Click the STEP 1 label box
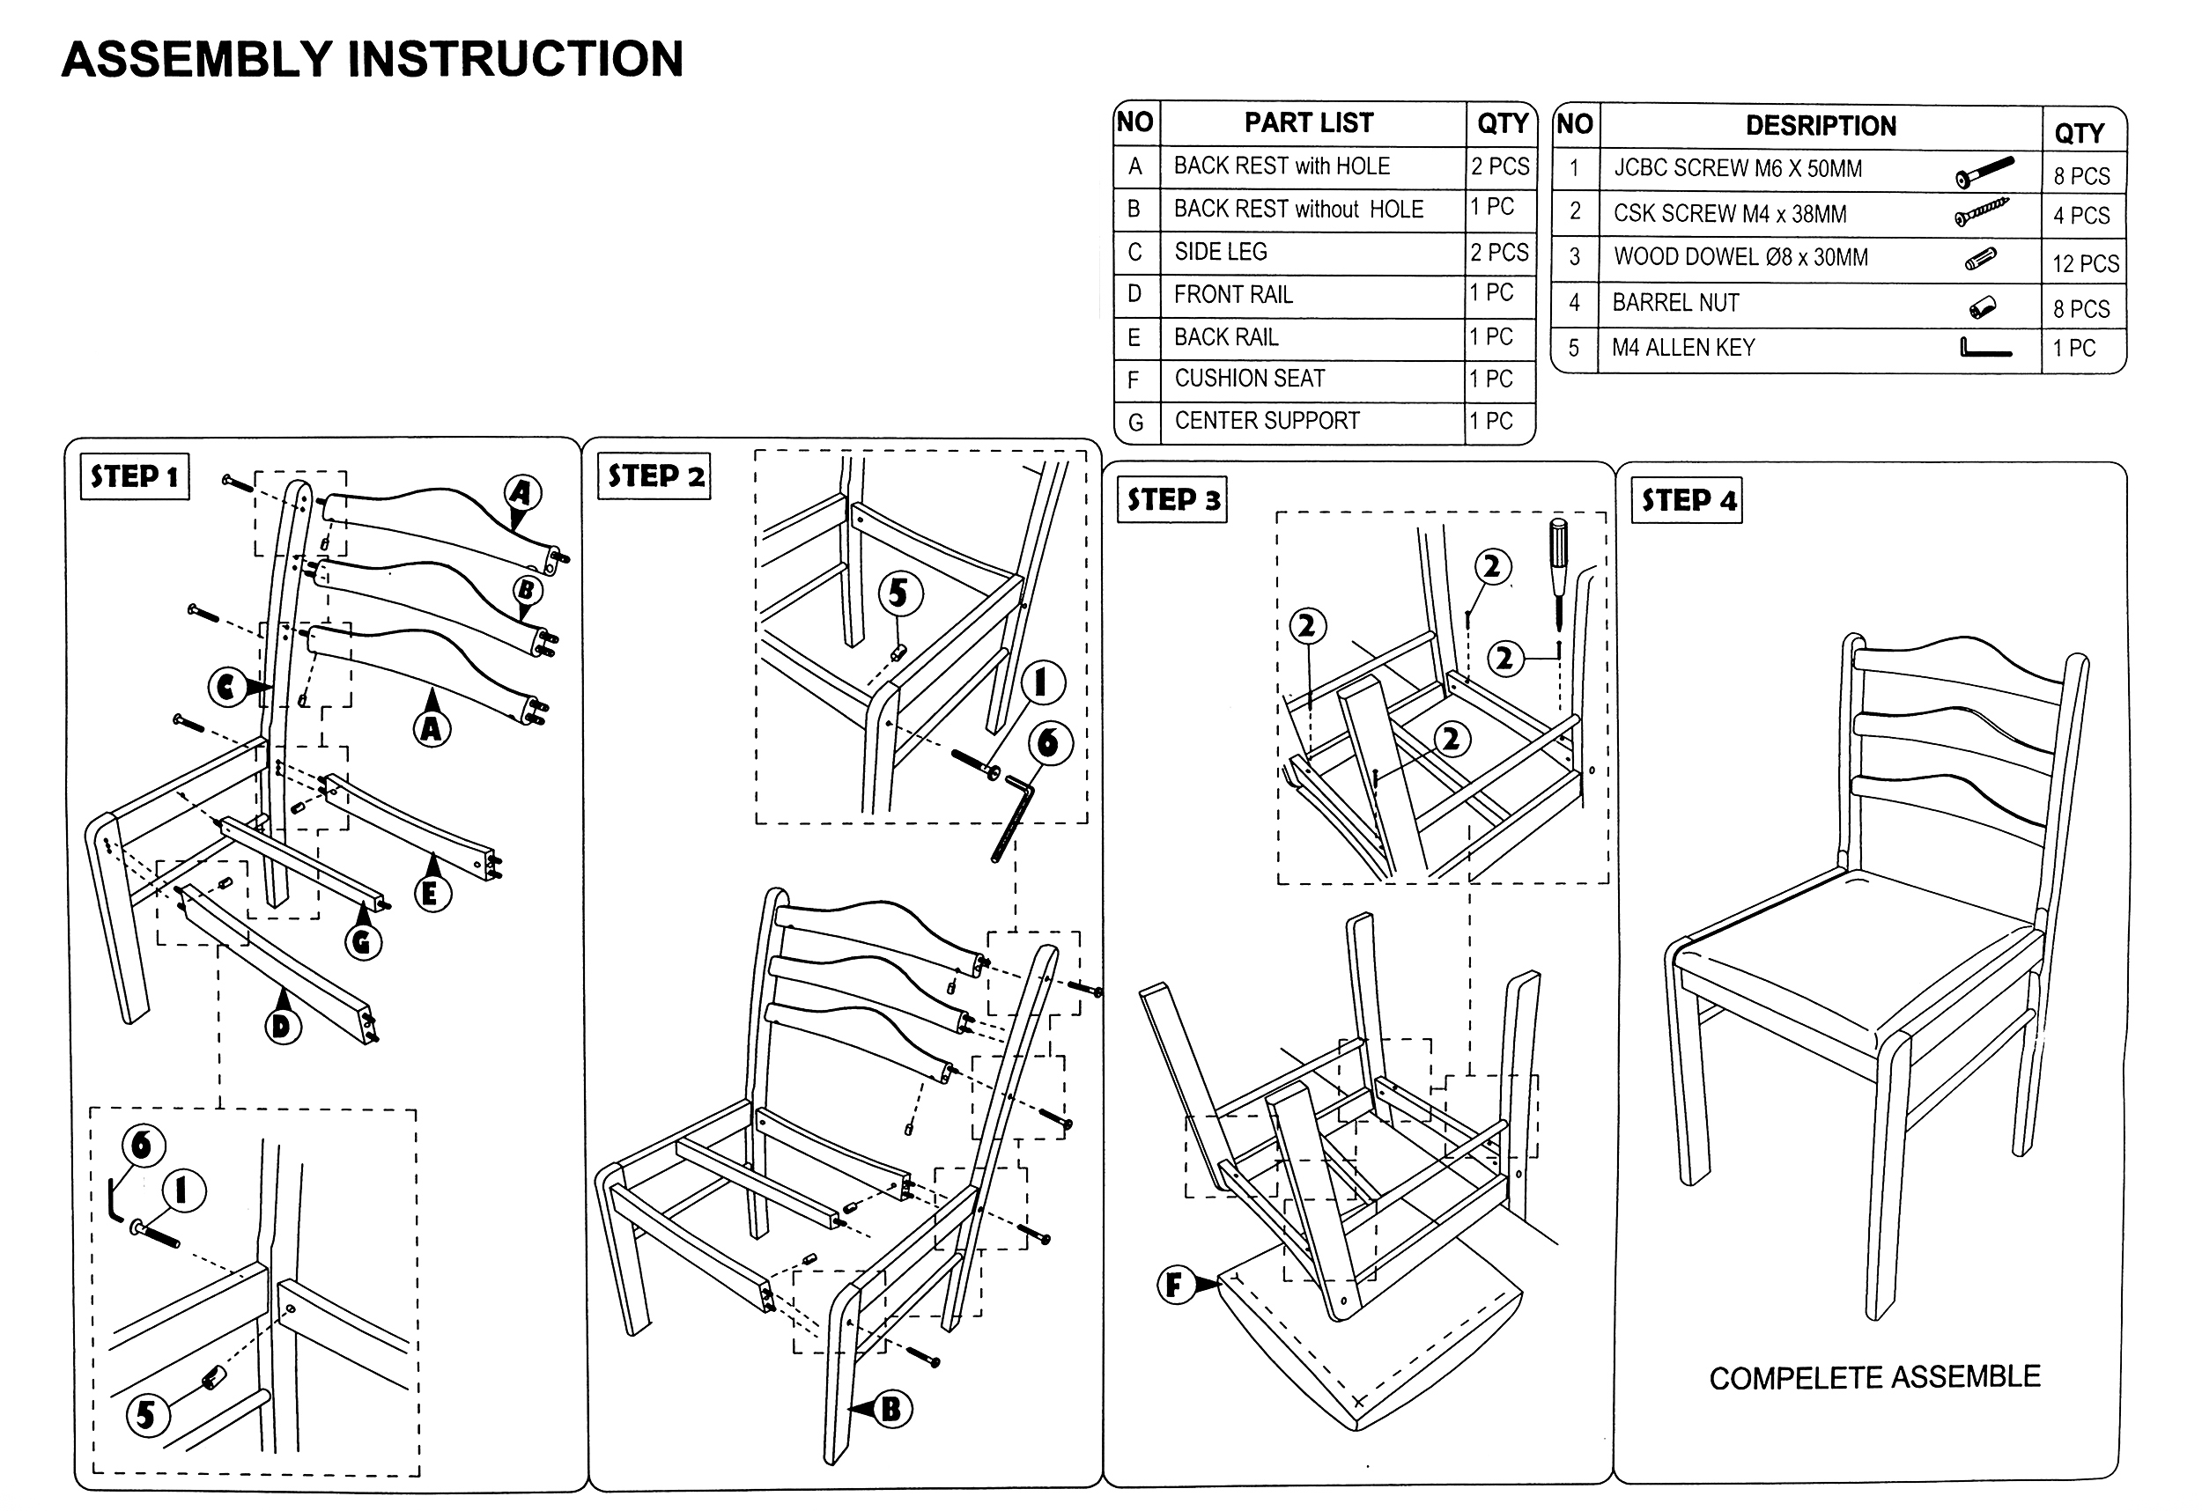click(x=135, y=476)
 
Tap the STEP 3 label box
click(x=1173, y=500)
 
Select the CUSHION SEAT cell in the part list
click(x=1250, y=379)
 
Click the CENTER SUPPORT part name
click(x=1267, y=421)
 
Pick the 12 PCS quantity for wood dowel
click(x=2085, y=263)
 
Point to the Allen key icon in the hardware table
click(x=1984, y=349)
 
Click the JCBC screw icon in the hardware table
click(x=1984, y=173)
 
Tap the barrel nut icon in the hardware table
click(x=1982, y=307)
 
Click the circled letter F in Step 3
click(x=1174, y=1285)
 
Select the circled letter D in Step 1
click(x=281, y=1026)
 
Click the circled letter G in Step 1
click(x=362, y=941)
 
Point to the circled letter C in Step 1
click(x=225, y=687)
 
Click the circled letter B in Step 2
click(x=890, y=1409)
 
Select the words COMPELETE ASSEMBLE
click(x=1874, y=1377)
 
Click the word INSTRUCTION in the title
click(x=515, y=60)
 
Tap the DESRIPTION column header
click(x=1820, y=126)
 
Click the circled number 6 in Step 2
click(x=1048, y=742)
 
